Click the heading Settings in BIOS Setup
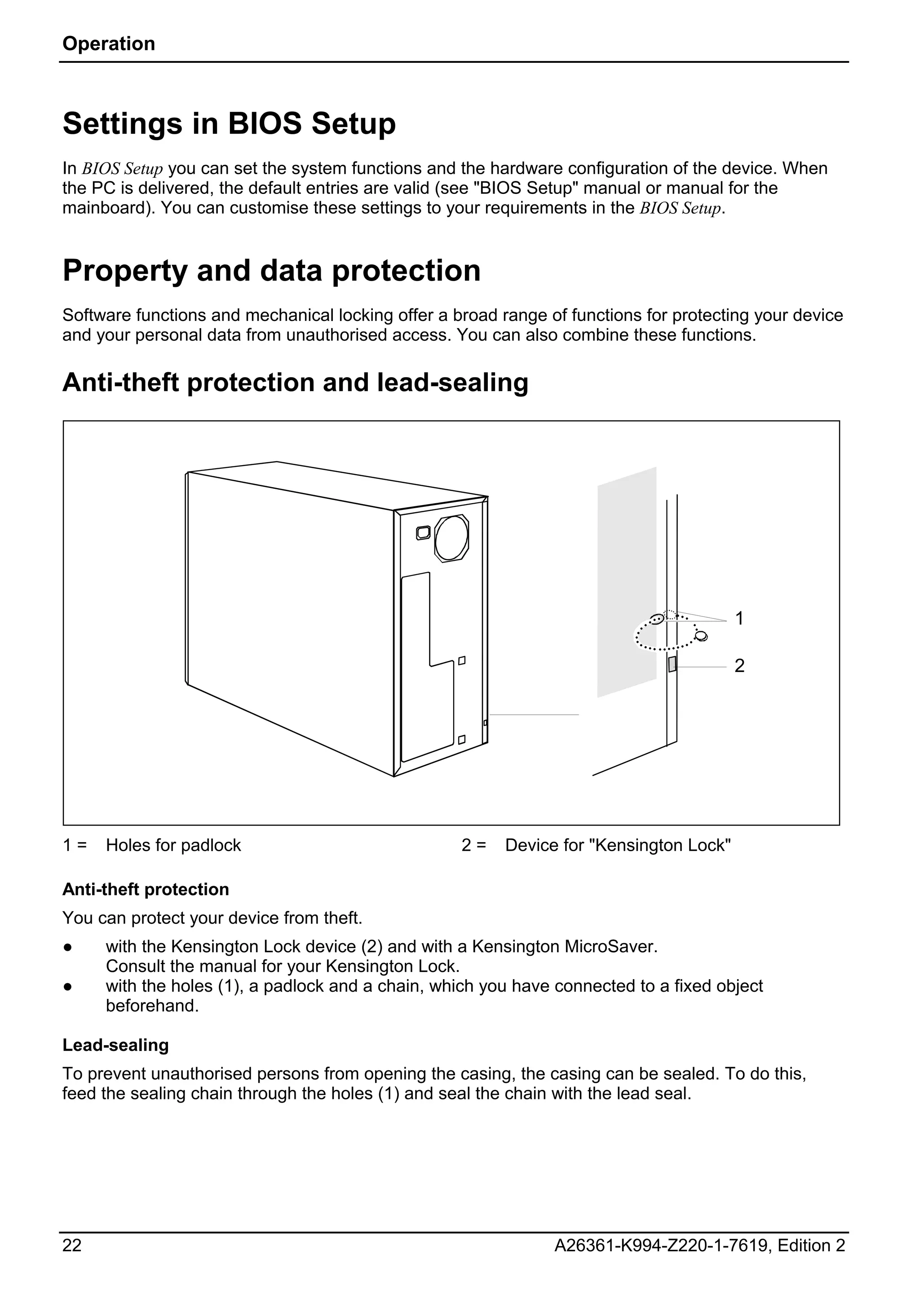[229, 123]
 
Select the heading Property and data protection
[271, 271]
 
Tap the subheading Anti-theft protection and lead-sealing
[295, 382]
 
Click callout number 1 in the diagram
[739, 619]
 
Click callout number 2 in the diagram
[739, 666]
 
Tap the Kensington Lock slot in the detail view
[672, 664]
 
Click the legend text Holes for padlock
[173, 845]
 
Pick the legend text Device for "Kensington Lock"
[618, 845]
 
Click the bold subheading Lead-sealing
[115, 1045]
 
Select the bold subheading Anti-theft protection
[146, 889]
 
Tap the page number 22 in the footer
[71, 1245]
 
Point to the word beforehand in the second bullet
[152, 1006]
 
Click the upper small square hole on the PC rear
[462, 660]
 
